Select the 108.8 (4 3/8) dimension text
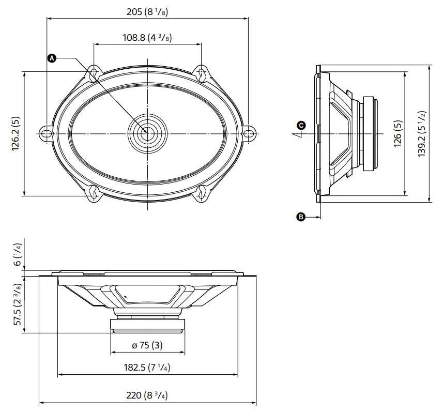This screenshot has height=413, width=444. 147,38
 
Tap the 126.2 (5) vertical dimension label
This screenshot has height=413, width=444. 16,133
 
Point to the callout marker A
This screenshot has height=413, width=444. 51,58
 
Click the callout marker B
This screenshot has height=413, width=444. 301,217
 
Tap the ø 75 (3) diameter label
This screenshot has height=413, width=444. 147,345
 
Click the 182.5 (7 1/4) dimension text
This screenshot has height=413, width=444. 148,368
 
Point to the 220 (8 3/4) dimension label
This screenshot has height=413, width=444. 148,395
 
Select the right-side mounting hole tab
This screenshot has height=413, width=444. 249,133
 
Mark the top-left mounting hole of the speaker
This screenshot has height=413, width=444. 94,73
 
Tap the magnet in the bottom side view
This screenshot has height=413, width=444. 148,325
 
